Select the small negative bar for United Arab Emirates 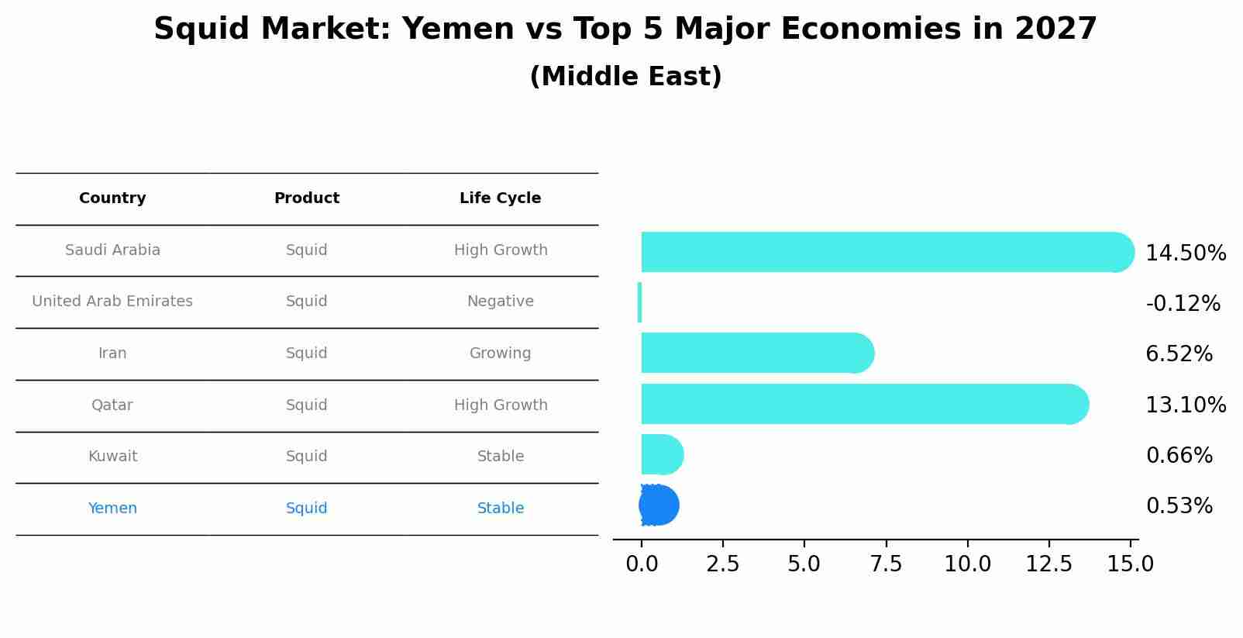pyautogui.click(x=639, y=302)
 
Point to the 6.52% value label pyautogui.click(x=1179, y=354)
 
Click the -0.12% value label pyautogui.click(x=1183, y=303)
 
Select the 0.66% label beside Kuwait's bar pyautogui.click(x=1179, y=456)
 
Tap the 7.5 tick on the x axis pyautogui.click(x=886, y=564)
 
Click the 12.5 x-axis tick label pyautogui.click(x=1048, y=564)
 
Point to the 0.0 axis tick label pyautogui.click(x=642, y=564)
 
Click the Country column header pyautogui.click(x=112, y=198)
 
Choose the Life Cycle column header pyautogui.click(x=500, y=198)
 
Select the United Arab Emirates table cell pyautogui.click(x=112, y=302)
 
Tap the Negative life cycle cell pyautogui.click(x=500, y=302)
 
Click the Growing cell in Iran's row pyautogui.click(x=500, y=353)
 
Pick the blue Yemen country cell pyautogui.click(x=112, y=509)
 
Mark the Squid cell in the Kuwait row pyautogui.click(x=306, y=457)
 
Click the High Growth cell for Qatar pyautogui.click(x=500, y=405)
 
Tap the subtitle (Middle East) pyautogui.click(x=625, y=77)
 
